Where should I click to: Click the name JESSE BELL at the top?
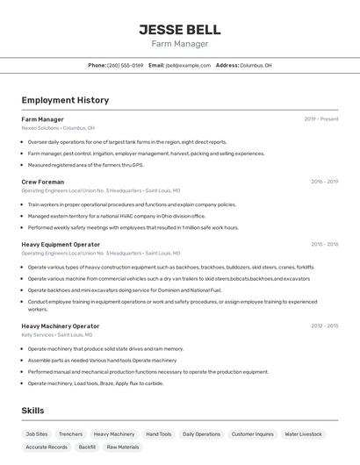tap(179, 29)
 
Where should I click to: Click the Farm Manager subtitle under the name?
tap(179, 44)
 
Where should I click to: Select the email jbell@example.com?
tap(187, 65)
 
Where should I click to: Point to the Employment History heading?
tap(65, 100)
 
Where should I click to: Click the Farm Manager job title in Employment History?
tap(42, 119)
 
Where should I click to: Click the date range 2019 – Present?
tap(321, 119)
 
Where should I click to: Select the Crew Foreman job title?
tap(42, 182)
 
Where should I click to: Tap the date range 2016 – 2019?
tap(324, 182)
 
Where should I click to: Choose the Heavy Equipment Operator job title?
tap(61, 245)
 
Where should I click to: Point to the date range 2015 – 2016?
tap(324, 245)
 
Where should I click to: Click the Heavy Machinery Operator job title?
tap(61, 325)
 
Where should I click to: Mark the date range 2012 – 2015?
tap(324, 325)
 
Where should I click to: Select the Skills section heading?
tap(32, 411)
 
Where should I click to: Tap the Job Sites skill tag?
tap(37, 433)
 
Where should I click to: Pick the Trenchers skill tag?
tap(70, 433)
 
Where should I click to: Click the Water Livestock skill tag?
tap(304, 433)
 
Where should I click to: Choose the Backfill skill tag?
tap(87, 447)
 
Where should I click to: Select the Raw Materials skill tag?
tap(123, 447)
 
